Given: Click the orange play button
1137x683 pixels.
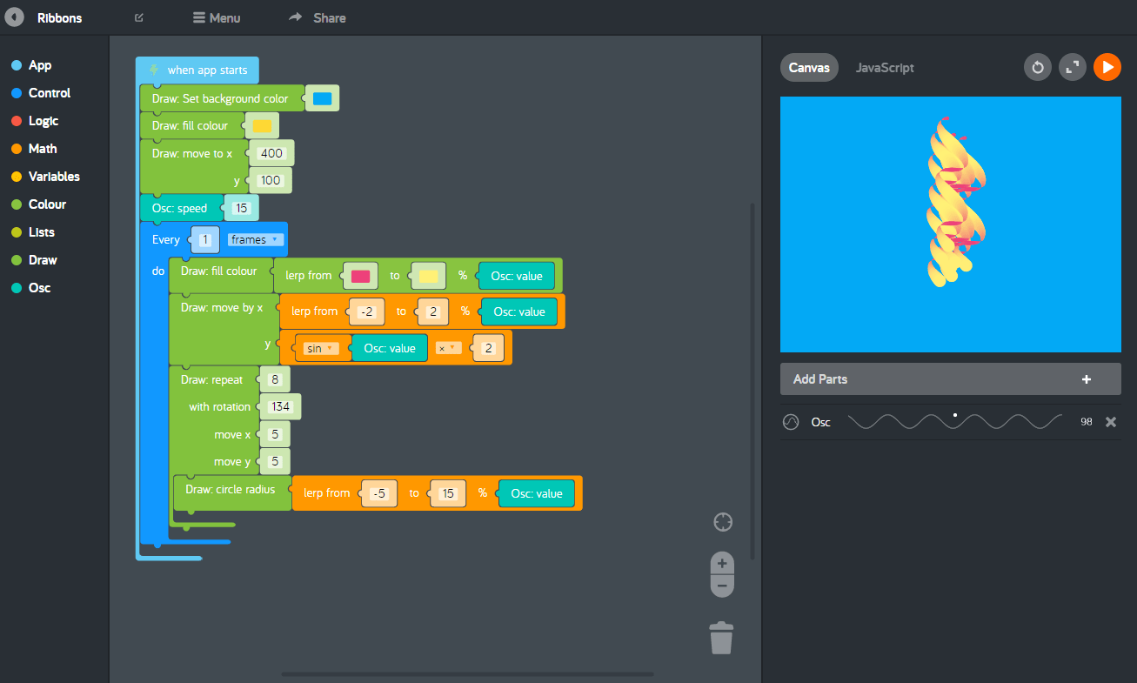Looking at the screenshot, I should click(x=1107, y=67).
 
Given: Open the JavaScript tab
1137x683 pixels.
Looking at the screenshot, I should click(x=885, y=67).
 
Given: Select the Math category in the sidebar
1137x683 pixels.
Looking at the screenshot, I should click(x=42, y=149).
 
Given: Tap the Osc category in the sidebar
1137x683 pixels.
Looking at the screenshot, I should click(x=39, y=288).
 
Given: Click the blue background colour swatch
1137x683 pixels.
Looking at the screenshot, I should click(x=322, y=98).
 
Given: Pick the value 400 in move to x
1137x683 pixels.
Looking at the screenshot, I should click(x=271, y=153).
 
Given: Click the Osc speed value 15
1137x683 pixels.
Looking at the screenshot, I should click(x=241, y=208).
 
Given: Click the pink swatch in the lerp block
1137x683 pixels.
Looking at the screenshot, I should click(x=360, y=276).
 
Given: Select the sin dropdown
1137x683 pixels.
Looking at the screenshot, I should click(x=319, y=348).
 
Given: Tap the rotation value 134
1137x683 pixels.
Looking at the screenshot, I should click(x=280, y=406).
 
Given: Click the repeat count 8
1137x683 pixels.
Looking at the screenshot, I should click(x=274, y=379).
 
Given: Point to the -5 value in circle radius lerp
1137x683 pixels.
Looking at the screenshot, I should click(x=378, y=493).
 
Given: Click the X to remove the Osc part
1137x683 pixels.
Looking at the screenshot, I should click(x=1110, y=422).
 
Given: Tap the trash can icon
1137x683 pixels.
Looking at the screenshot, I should click(x=721, y=637).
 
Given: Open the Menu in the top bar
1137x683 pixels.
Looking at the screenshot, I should click(x=217, y=17).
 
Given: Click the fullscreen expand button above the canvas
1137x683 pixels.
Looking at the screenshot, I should click(x=1072, y=67).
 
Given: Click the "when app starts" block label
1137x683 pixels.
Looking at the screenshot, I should click(x=207, y=70).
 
